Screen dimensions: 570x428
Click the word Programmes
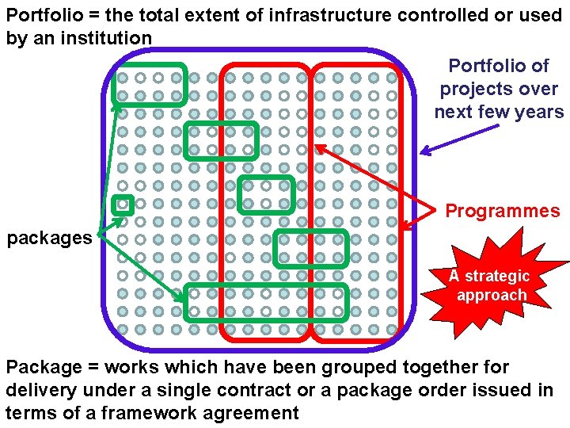click(502, 211)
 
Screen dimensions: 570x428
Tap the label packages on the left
click(49, 238)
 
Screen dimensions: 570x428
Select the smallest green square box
click(122, 204)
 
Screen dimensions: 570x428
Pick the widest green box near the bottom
click(266, 302)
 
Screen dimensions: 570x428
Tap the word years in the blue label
click(541, 112)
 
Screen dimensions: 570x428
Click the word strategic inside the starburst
click(497, 277)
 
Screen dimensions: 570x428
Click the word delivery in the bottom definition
click(36, 390)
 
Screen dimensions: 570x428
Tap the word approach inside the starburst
click(492, 296)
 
